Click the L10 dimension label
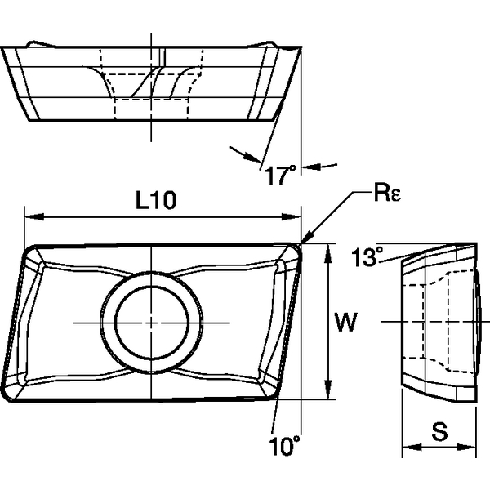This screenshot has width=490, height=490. coord(156,201)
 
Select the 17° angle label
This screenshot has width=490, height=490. coord(279,173)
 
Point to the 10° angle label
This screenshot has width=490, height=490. coord(283,445)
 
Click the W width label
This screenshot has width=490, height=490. coord(345,324)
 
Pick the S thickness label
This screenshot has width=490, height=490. coord(439,433)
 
